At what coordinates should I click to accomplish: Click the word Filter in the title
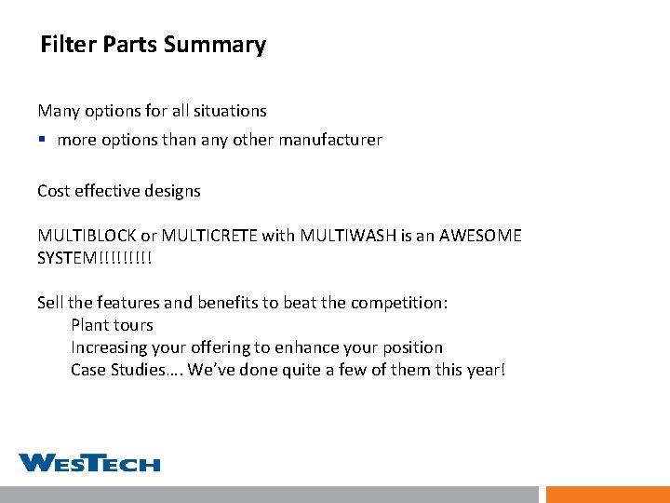tap(68, 45)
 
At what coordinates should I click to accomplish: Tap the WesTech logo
tap(89, 463)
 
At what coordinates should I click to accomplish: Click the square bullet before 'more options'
tap(43, 141)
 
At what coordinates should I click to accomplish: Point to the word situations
tap(230, 111)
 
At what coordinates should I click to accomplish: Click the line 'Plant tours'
tap(112, 325)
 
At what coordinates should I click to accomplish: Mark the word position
tap(411, 347)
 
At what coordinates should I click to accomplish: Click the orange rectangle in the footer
tap(608, 494)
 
